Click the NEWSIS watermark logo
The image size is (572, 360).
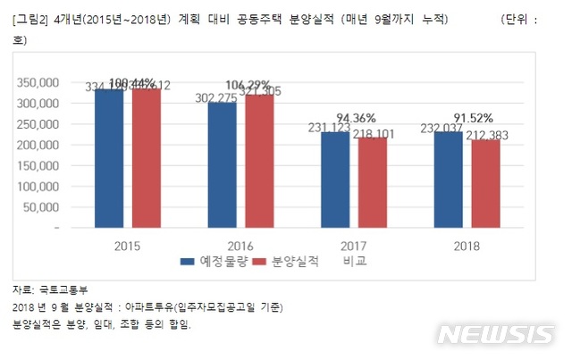(x=495, y=333)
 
